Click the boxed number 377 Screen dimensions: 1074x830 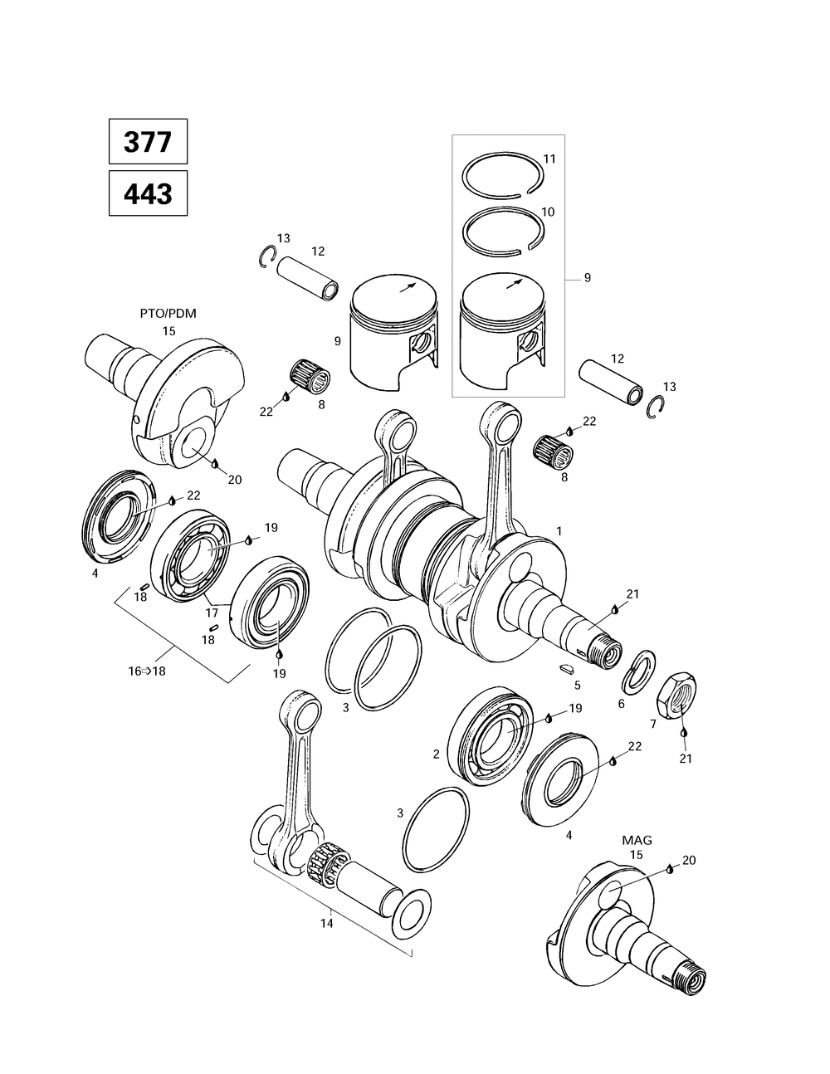[148, 142]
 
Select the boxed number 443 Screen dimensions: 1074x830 [148, 193]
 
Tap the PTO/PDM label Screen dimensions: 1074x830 [168, 313]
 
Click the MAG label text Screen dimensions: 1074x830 [637, 840]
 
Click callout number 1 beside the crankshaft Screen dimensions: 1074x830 [559, 530]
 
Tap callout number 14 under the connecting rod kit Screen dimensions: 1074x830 [327, 923]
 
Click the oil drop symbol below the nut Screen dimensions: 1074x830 [683, 735]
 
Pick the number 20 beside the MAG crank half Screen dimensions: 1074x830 [688, 860]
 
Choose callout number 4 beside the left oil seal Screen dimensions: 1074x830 [95, 573]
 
